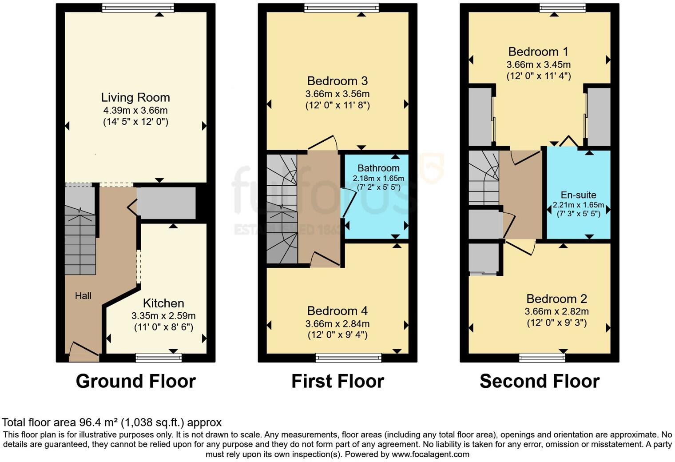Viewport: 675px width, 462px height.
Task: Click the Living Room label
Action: pos(135,97)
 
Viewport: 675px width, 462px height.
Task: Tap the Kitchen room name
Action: pos(163,303)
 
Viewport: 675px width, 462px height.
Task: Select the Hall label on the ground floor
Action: pos(83,296)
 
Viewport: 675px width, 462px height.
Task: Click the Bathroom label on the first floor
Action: pos(378,168)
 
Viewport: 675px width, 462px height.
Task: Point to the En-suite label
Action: pos(578,195)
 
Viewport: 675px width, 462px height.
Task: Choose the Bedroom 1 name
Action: pos(538,52)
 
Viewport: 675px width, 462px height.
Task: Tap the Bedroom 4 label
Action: pos(337,311)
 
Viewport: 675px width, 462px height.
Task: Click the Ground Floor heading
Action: pos(135,381)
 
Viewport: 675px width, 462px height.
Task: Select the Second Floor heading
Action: pos(539,381)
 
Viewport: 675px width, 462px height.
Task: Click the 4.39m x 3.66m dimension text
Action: pos(135,110)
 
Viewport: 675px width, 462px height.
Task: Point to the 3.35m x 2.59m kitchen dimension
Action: pos(163,316)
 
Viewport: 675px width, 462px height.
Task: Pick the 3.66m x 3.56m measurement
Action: pos(337,94)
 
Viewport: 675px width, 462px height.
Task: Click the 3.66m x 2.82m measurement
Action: pos(556,311)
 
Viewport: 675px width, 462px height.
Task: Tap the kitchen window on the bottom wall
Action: pos(159,357)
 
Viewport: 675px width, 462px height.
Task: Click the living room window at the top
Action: pos(138,8)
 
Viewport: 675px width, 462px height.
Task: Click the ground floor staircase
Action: pos(80,240)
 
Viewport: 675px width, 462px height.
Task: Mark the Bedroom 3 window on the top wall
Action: pos(341,8)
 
